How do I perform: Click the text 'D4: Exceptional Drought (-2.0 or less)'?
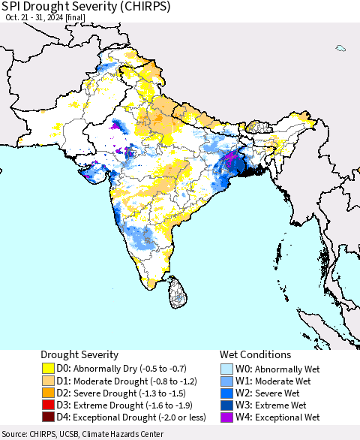pyautogui.click(x=132, y=417)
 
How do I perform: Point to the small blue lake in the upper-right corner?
pyautogui.click(x=340, y=48)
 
